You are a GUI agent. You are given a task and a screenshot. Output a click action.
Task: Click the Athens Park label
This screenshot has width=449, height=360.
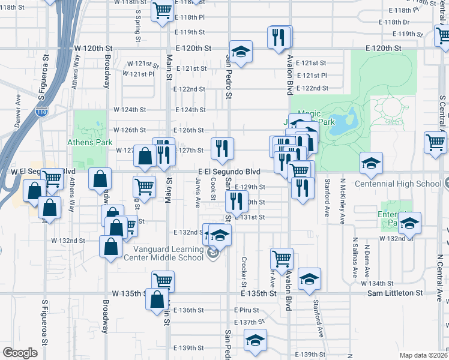point(92,143)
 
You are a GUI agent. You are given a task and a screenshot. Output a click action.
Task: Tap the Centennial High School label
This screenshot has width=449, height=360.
point(406,184)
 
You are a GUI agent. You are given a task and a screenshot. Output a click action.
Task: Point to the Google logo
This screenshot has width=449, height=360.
point(20,353)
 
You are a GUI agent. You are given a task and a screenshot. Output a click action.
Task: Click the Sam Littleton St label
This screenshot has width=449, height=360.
point(395,293)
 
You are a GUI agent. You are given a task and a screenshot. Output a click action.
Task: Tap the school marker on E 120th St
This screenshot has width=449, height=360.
point(241,52)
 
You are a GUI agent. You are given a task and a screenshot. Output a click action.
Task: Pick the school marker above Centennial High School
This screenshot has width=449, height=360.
point(371,163)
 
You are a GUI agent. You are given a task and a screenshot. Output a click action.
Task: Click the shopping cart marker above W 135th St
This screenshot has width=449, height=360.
point(163,281)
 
